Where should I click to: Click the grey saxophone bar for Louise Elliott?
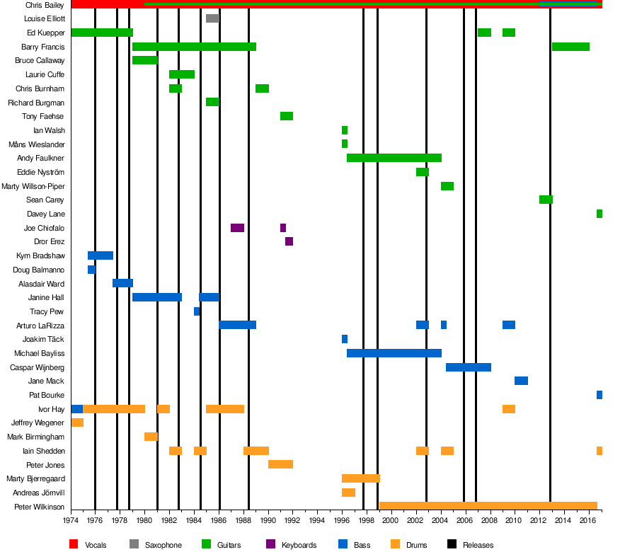212,18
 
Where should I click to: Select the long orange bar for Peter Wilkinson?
488,506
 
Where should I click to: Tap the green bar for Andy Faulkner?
394,158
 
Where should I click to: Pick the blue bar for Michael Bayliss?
394,353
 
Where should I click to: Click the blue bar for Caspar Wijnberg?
469,367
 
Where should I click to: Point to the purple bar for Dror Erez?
289,241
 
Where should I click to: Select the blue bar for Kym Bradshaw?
101,255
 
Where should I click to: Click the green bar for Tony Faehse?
287,116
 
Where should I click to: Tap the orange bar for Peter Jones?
280,464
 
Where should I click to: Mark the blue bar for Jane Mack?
521,381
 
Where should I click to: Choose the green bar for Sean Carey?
546,200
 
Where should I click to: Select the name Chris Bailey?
45,5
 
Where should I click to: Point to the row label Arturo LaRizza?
40,326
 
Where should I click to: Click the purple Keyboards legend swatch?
270,545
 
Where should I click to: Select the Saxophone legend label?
163,545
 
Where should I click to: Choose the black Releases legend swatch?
452,545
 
